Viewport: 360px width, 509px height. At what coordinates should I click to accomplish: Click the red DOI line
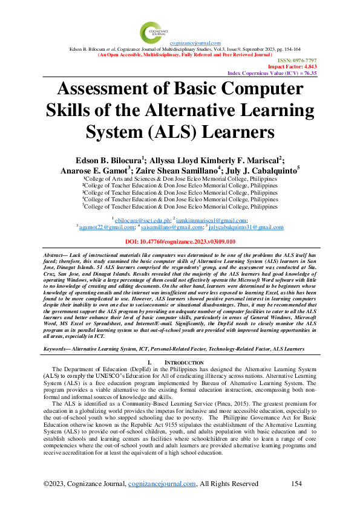[180, 241]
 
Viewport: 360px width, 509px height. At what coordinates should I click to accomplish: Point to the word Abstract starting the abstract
[55, 257]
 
